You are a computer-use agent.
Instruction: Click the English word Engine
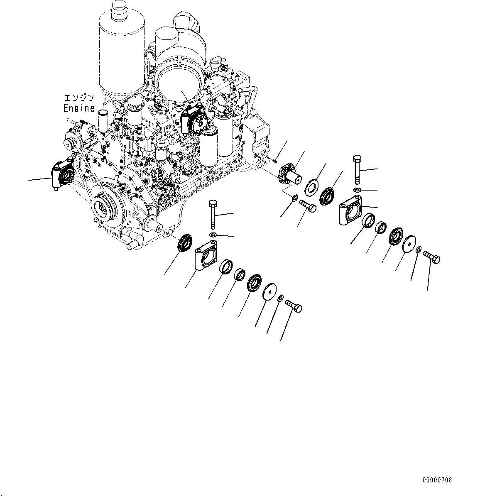point(78,108)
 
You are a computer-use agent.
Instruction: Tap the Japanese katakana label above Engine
point(79,98)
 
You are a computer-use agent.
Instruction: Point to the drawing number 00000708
point(437,480)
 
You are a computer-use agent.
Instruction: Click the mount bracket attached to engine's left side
point(60,177)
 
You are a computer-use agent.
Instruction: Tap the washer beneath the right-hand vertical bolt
point(357,190)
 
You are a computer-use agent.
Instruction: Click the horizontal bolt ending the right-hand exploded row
point(431,258)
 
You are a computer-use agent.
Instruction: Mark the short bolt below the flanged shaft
point(307,206)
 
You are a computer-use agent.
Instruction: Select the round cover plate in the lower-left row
point(270,292)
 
